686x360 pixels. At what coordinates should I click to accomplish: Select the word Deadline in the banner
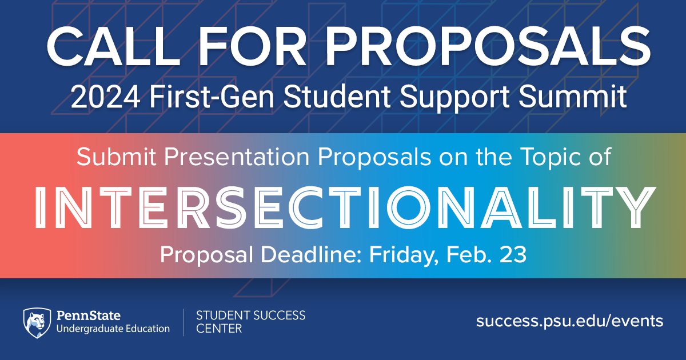click(x=302, y=254)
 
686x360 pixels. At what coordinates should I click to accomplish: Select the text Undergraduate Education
click(x=113, y=329)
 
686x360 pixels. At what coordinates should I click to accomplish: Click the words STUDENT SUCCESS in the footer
click(x=250, y=315)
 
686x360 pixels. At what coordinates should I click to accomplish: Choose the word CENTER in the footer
click(x=219, y=329)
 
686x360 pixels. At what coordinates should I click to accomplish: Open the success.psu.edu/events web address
click(x=569, y=321)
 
